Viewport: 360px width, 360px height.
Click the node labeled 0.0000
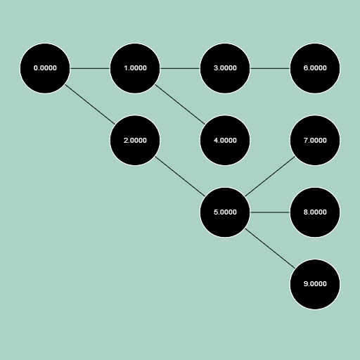pyautogui.click(x=45, y=68)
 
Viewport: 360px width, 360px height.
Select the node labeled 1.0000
pyautogui.click(x=135, y=68)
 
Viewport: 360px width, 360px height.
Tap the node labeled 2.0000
pyautogui.click(x=135, y=140)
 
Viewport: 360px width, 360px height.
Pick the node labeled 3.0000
pyautogui.click(x=225, y=68)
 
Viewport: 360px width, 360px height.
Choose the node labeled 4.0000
pyautogui.click(x=225, y=140)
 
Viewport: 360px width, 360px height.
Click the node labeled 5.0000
pyautogui.click(x=225, y=212)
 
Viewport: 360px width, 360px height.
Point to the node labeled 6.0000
pyautogui.click(x=315, y=68)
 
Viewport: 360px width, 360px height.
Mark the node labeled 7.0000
pyautogui.click(x=315, y=140)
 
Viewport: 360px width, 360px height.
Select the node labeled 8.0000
pyautogui.click(x=315, y=212)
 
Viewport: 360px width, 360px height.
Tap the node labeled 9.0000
pyautogui.click(x=315, y=284)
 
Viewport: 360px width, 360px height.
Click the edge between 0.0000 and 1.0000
pyautogui.click(x=90, y=68)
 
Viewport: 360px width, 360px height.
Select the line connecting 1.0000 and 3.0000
pyautogui.click(x=180, y=68)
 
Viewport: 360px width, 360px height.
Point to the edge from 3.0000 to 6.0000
pyautogui.click(x=270, y=68)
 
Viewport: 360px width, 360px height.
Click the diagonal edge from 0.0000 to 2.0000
pyautogui.click(x=90, y=104)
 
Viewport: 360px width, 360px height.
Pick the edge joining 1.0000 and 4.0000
pyautogui.click(x=180, y=104)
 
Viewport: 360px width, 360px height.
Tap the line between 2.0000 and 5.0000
pyautogui.click(x=180, y=176)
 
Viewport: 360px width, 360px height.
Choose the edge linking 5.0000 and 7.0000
pyautogui.click(x=270, y=176)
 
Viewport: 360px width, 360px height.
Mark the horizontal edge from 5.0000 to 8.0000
pyautogui.click(x=270, y=212)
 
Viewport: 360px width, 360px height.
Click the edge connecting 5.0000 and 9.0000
pyautogui.click(x=270, y=248)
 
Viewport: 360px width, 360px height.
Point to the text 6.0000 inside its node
pyautogui.click(x=315, y=68)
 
